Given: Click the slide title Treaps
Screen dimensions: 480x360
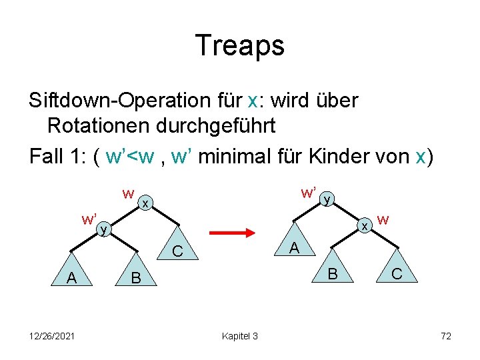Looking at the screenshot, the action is point(239,45).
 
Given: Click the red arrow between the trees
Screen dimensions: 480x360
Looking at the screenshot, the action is point(233,233).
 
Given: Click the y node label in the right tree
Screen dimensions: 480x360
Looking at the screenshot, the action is point(326,199).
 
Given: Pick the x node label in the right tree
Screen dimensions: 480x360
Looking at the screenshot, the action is point(365,227).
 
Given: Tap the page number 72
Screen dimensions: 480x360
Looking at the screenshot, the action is point(445,336).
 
